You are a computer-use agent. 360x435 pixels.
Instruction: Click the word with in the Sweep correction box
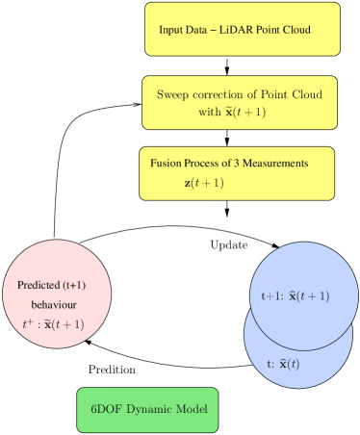tap(209, 112)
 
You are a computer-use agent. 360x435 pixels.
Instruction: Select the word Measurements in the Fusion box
tap(273, 164)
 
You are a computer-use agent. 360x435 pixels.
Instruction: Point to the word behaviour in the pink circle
tap(53, 304)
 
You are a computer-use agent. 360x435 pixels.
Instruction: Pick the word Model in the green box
tap(197, 410)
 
